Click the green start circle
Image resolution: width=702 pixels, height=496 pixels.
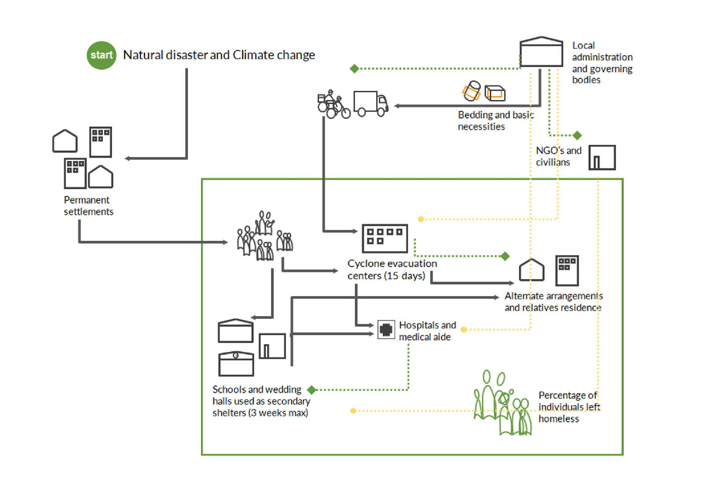[x=101, y=55]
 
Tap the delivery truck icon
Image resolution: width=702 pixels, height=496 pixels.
[x=370, y=104]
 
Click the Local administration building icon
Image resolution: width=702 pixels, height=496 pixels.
[x=541, y=52]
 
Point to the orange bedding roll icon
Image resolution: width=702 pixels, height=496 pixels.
[x=471, y=91]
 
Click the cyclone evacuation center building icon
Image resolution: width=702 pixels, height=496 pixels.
[x=385, y=238]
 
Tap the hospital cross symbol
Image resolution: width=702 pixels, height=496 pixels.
[x=386, y=329]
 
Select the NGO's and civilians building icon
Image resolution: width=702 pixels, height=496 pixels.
[x=602, y=157]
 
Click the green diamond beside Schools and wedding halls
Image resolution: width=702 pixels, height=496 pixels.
[x=312, y=390]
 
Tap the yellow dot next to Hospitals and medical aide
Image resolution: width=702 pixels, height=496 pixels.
[x=464, y=329]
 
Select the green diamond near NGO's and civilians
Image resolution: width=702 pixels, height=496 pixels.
[x=577, y=135]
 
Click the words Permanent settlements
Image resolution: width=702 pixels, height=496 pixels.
[x=88, y=206]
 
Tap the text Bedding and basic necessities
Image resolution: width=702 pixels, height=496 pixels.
[x=496, y=121]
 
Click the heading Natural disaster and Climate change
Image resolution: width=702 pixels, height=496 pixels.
[x=219, y=55]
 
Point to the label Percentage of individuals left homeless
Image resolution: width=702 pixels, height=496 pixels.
[x=569, y=407]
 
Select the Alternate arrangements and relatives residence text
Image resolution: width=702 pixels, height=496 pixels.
[x=553, y=302]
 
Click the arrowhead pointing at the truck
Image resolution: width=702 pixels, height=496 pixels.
[x=397, y=106]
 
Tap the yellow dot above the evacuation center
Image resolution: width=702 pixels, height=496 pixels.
[x=421, y=219]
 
